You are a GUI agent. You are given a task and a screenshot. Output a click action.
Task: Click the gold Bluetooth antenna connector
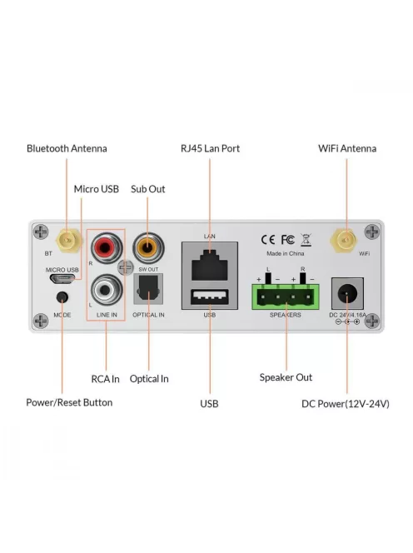click(x=68, y=242)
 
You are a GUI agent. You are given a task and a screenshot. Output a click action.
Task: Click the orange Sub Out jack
click(x=148, y=247)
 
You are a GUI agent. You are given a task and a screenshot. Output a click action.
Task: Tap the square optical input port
click(x=150, y=291)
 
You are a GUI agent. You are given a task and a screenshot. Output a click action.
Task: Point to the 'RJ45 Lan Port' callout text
click(x=210, y=148)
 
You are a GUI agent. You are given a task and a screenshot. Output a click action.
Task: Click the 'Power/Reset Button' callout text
click(x=69, y=403)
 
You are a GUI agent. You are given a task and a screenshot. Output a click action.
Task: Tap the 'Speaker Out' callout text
click(x=286, y=377)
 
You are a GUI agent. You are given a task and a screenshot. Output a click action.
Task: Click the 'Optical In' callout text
click(x=149, y=379)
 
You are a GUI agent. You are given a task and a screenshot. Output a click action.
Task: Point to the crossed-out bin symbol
click(x=306, y=238)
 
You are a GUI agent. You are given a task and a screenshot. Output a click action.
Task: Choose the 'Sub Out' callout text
click(x=148, y=189)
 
